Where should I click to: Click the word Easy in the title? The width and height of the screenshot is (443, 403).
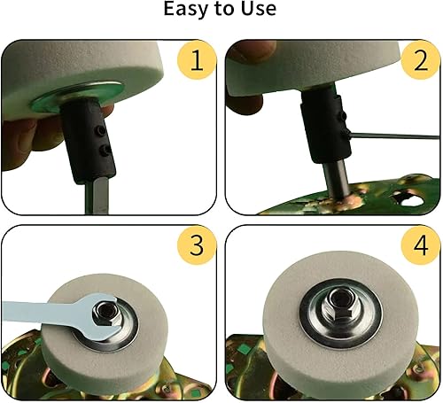point(186,9)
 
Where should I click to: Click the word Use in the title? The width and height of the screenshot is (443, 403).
point(259,8)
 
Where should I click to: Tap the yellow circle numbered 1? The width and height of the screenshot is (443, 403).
point(197,59)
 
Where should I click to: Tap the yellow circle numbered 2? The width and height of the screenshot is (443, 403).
point(421,59)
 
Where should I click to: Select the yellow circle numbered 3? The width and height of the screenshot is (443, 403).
point(197,245)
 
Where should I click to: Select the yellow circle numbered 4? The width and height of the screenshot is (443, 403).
point(421,245)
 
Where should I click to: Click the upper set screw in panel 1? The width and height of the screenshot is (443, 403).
point(102,130)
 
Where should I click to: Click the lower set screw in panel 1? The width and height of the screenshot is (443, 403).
point(105,151)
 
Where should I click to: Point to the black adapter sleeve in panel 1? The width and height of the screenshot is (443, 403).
point(88,139)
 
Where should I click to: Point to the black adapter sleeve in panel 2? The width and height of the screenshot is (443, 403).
point(324,127)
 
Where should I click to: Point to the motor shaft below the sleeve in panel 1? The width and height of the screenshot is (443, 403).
point(97,198)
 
